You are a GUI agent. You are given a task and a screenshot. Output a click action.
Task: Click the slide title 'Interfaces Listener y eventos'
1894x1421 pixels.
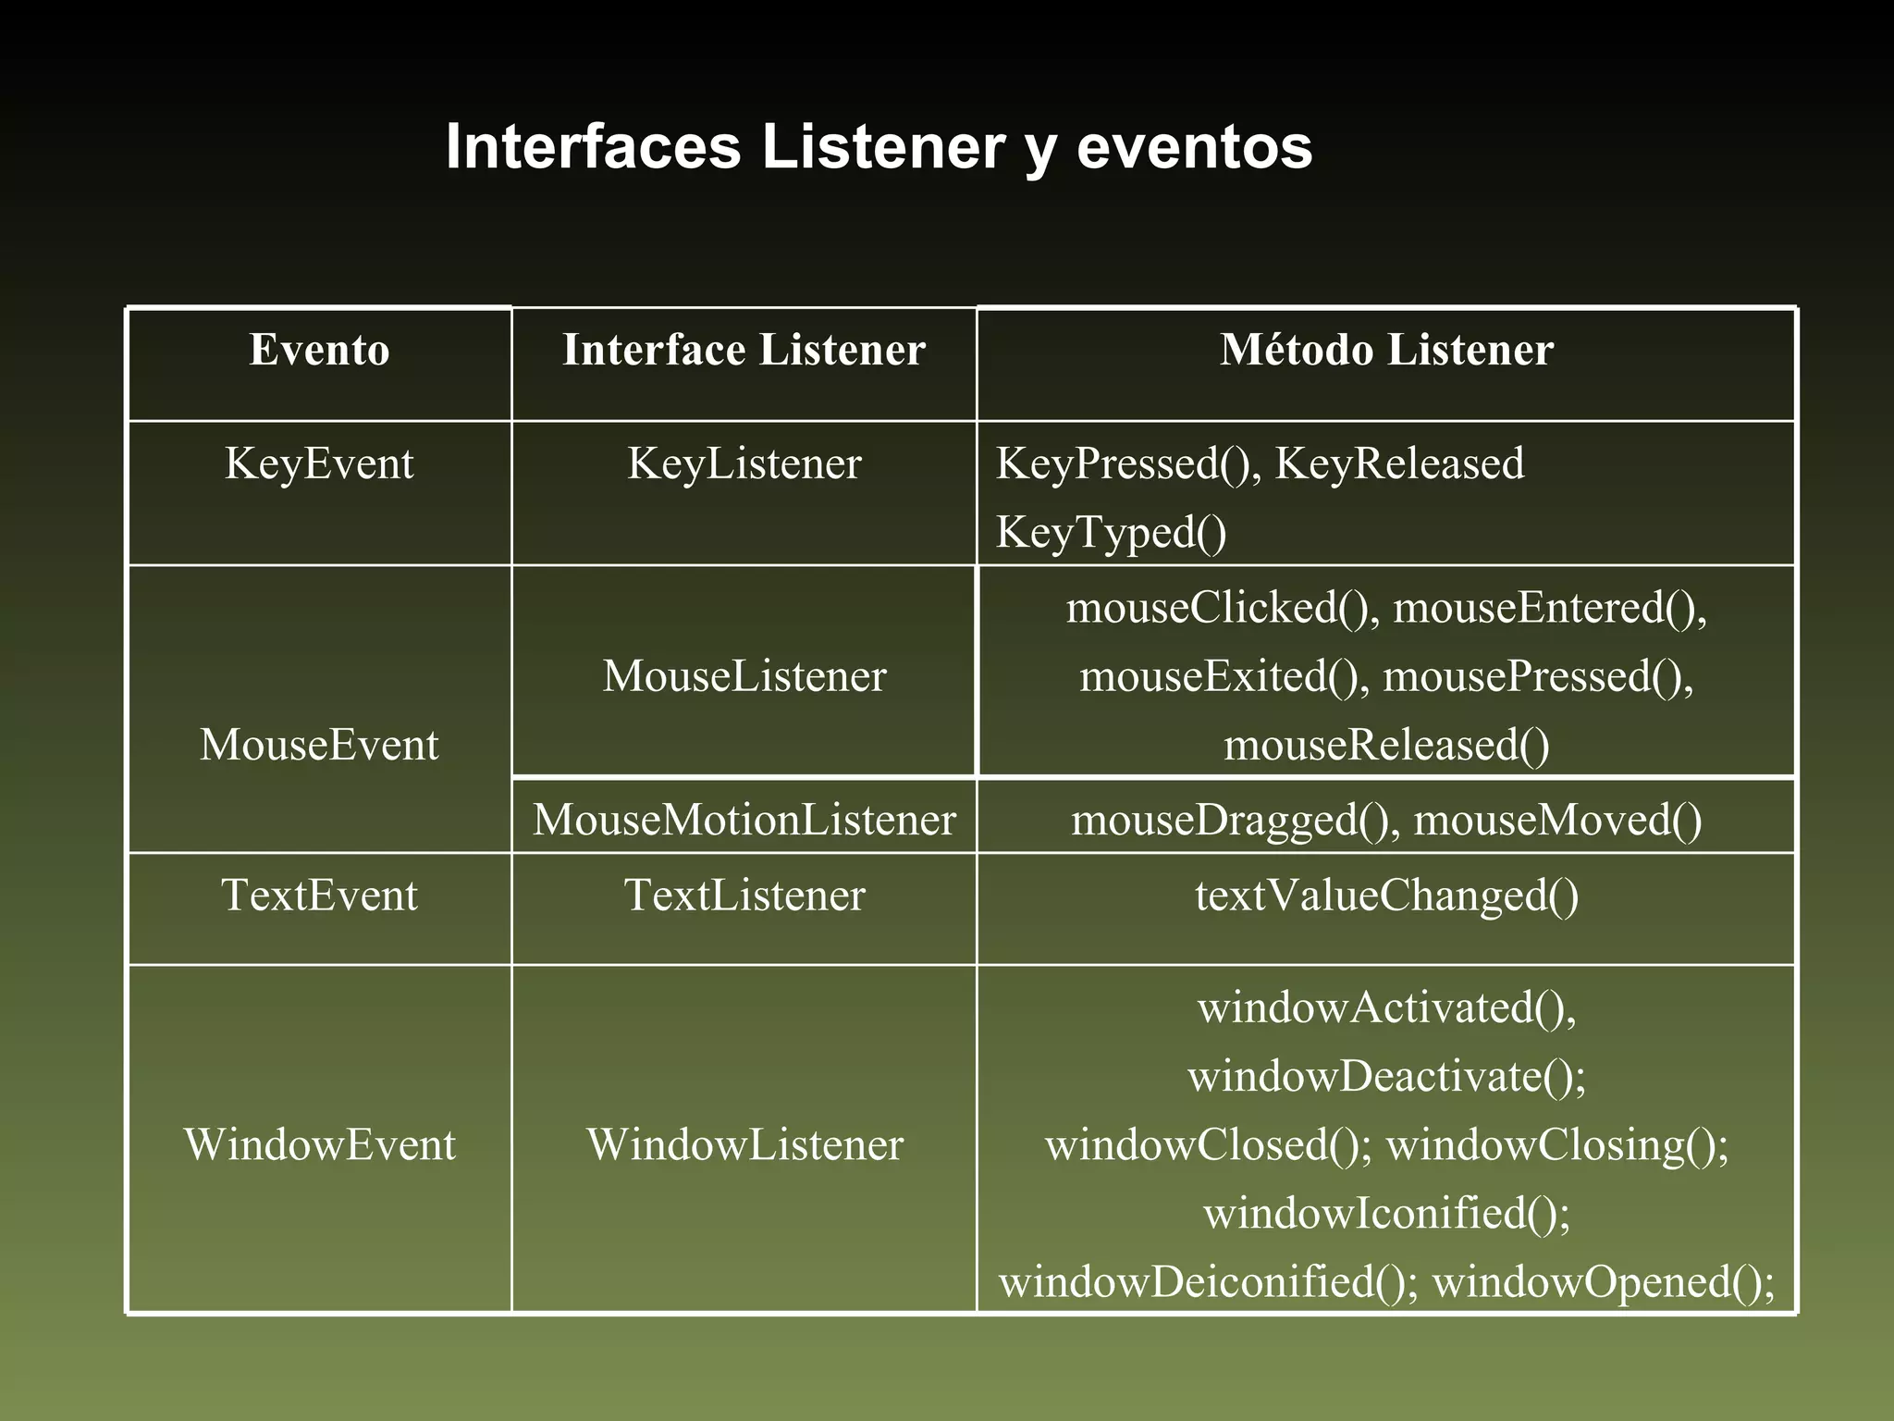(879, 146)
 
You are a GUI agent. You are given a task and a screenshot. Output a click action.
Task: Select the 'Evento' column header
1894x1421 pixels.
(319, 350)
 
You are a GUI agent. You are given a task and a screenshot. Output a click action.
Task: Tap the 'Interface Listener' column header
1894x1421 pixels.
(744, 350)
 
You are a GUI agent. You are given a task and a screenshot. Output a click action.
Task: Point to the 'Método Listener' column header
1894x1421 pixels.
(1386, 350)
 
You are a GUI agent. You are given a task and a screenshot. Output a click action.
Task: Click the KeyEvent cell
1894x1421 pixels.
(319, 463)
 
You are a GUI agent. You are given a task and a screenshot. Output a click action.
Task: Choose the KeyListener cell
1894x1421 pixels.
(744, 463)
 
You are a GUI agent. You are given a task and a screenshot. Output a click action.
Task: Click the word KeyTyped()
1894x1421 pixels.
(1111, 532)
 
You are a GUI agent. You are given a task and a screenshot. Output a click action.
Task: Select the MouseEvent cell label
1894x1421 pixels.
(319, 745)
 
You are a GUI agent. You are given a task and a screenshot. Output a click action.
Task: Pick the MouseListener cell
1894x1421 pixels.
(744, 675)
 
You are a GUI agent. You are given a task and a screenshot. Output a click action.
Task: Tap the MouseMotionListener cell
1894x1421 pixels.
(744, 820)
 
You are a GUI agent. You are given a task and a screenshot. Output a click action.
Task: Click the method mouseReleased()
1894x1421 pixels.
(1386, 745)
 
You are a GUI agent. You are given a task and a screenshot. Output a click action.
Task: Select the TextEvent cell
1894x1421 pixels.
(319, 895)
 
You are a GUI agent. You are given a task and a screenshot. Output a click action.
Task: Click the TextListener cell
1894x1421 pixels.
(744, 895)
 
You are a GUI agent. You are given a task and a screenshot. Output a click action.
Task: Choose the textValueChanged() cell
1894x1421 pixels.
(1386, 895)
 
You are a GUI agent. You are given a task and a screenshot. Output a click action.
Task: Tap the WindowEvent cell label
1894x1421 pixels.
(319, 1144)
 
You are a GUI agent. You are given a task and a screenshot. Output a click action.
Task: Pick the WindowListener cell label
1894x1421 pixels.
(744, 1144)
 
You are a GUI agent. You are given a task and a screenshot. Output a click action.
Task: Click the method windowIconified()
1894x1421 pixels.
(1386, 1213)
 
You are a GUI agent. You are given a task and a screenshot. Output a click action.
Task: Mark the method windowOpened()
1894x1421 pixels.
(1603, 1281)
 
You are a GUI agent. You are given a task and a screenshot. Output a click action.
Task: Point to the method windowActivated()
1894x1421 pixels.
(1386, 1007)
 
